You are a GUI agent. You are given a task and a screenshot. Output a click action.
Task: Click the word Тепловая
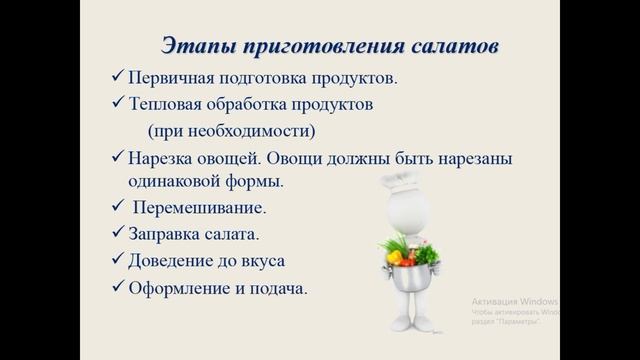(x=165, y=103)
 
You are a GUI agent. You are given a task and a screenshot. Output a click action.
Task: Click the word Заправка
(x=163, y=236)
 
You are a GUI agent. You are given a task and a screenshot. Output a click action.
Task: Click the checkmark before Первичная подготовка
(x=117, y=77)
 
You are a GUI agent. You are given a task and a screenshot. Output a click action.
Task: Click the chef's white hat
(x=409, y=181)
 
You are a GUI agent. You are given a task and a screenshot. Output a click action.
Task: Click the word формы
(x=254, y=182)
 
